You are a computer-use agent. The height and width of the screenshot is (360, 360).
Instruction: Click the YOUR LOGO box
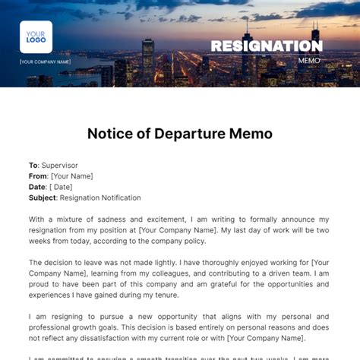click(x=36, y=36)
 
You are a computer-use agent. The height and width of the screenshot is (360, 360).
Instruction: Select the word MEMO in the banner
click(x=309, y=60)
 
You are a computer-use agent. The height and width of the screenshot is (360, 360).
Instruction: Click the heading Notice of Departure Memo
click(x=180, y=134)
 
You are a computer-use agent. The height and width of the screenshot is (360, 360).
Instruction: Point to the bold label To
click(x=33, y=165)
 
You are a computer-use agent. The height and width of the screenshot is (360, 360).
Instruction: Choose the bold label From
click(x=39, y=176)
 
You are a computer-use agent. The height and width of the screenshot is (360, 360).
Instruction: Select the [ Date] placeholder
click(x=61, y=187)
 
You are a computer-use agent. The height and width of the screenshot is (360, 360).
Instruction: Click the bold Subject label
click(x=44, y=197)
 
